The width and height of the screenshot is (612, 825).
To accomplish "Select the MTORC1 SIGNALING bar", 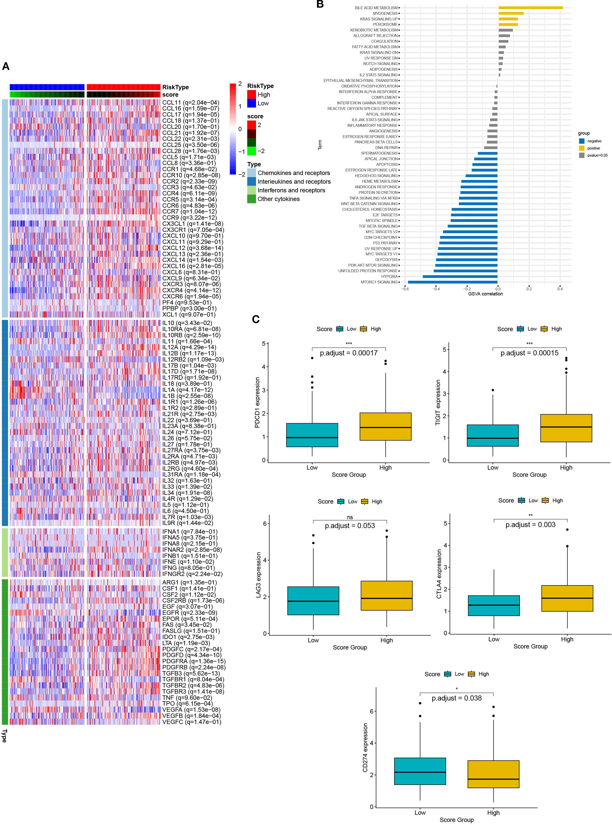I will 452,282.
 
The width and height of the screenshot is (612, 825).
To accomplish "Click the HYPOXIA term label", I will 389,277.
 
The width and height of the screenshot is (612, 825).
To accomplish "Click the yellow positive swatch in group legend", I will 582,148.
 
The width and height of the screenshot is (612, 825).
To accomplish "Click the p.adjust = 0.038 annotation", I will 456,698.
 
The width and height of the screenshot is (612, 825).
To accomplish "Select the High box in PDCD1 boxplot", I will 385,426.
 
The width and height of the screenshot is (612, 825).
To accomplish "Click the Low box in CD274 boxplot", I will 420,771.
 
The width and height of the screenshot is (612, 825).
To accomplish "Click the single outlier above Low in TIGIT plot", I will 493,390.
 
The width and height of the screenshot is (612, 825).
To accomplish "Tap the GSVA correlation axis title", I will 485,294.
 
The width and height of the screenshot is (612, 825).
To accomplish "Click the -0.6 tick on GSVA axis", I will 405,289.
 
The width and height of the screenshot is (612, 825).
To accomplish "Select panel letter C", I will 256,319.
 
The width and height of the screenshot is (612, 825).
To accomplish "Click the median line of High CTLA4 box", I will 567,598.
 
